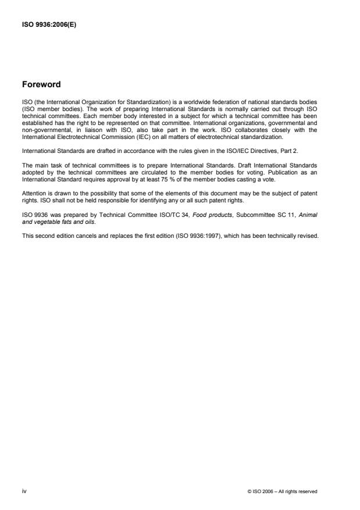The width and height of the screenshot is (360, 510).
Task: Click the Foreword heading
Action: [x=41, y=84]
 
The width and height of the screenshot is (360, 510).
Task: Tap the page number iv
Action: [x=24, y=491]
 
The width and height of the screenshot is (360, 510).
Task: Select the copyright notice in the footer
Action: [x=282, y=491]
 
